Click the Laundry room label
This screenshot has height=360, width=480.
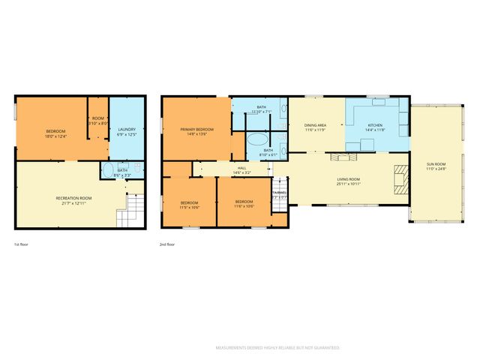pyautogui.click(x=126, y=130)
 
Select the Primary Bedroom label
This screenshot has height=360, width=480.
pyautogui.click(x=196, y=130)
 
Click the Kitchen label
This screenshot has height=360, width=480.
pyautogui.click(x=374, y=125)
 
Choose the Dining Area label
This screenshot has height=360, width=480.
pyautogui.click(x=316, y=125)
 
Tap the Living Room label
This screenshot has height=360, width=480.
pyautogui.click(x=349, y=179)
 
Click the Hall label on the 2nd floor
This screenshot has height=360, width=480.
pyautogui.click(x=241, y=168)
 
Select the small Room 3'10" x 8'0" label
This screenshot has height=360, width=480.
pyautogui.click(x=98, y=118)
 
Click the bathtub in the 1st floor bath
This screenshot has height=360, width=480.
pyautogui.click(x=108, y=169)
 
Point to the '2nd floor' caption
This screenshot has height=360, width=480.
pyautogui.click(x=168, y=244)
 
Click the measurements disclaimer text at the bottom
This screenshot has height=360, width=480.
pyautogui.click(x=277, y=348)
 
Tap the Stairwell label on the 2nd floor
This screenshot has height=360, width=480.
pyautogui.click(x=279, y=193)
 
